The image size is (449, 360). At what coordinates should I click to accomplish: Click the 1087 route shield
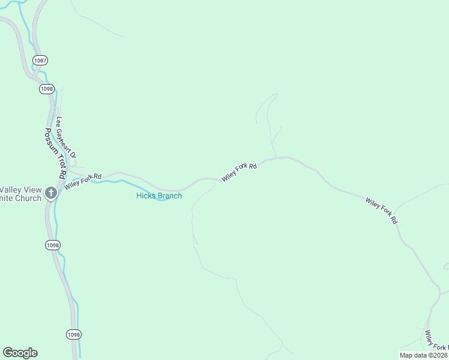40,61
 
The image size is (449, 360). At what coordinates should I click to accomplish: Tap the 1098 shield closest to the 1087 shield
46,89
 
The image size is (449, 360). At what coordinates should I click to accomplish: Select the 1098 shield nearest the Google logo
73,334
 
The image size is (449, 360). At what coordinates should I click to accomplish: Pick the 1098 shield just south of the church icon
53,245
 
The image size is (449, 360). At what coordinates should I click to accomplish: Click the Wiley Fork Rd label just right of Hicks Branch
239,172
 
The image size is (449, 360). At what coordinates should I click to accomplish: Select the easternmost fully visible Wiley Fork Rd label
382,210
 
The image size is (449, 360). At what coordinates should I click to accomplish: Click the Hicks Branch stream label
158,196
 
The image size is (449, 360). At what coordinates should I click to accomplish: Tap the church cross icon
51,193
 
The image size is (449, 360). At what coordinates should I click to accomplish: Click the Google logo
20,353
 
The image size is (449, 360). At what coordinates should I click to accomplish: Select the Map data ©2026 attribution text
424,355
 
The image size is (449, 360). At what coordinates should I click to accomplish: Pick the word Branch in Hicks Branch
169,196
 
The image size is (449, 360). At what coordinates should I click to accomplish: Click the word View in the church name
34,188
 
